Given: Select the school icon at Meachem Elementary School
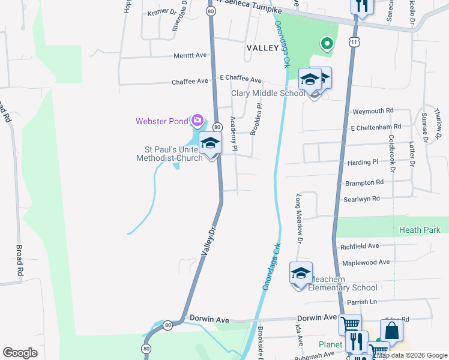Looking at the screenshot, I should click(x=301, y=274).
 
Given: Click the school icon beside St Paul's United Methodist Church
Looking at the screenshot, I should click(x=210, y=144).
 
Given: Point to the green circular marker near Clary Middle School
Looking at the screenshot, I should click(x=327, y=43).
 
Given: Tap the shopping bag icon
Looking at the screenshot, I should click(x=391, y=331).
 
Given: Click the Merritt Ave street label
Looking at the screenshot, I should click(x=190, y=55).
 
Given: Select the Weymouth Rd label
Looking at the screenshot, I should click(x=372, y=111).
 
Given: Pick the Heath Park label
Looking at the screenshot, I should click(x=420, y=230).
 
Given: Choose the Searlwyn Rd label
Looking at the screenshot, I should click(x=362, y=198).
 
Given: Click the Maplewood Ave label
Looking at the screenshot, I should click(x=365, y=262).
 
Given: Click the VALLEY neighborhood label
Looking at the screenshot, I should click(x=262, y=47).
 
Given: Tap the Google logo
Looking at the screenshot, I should click(x=20, y=353).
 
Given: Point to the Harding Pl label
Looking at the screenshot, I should click(x=363, y=163).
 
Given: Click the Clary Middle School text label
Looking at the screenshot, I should click(x=268, y=93).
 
